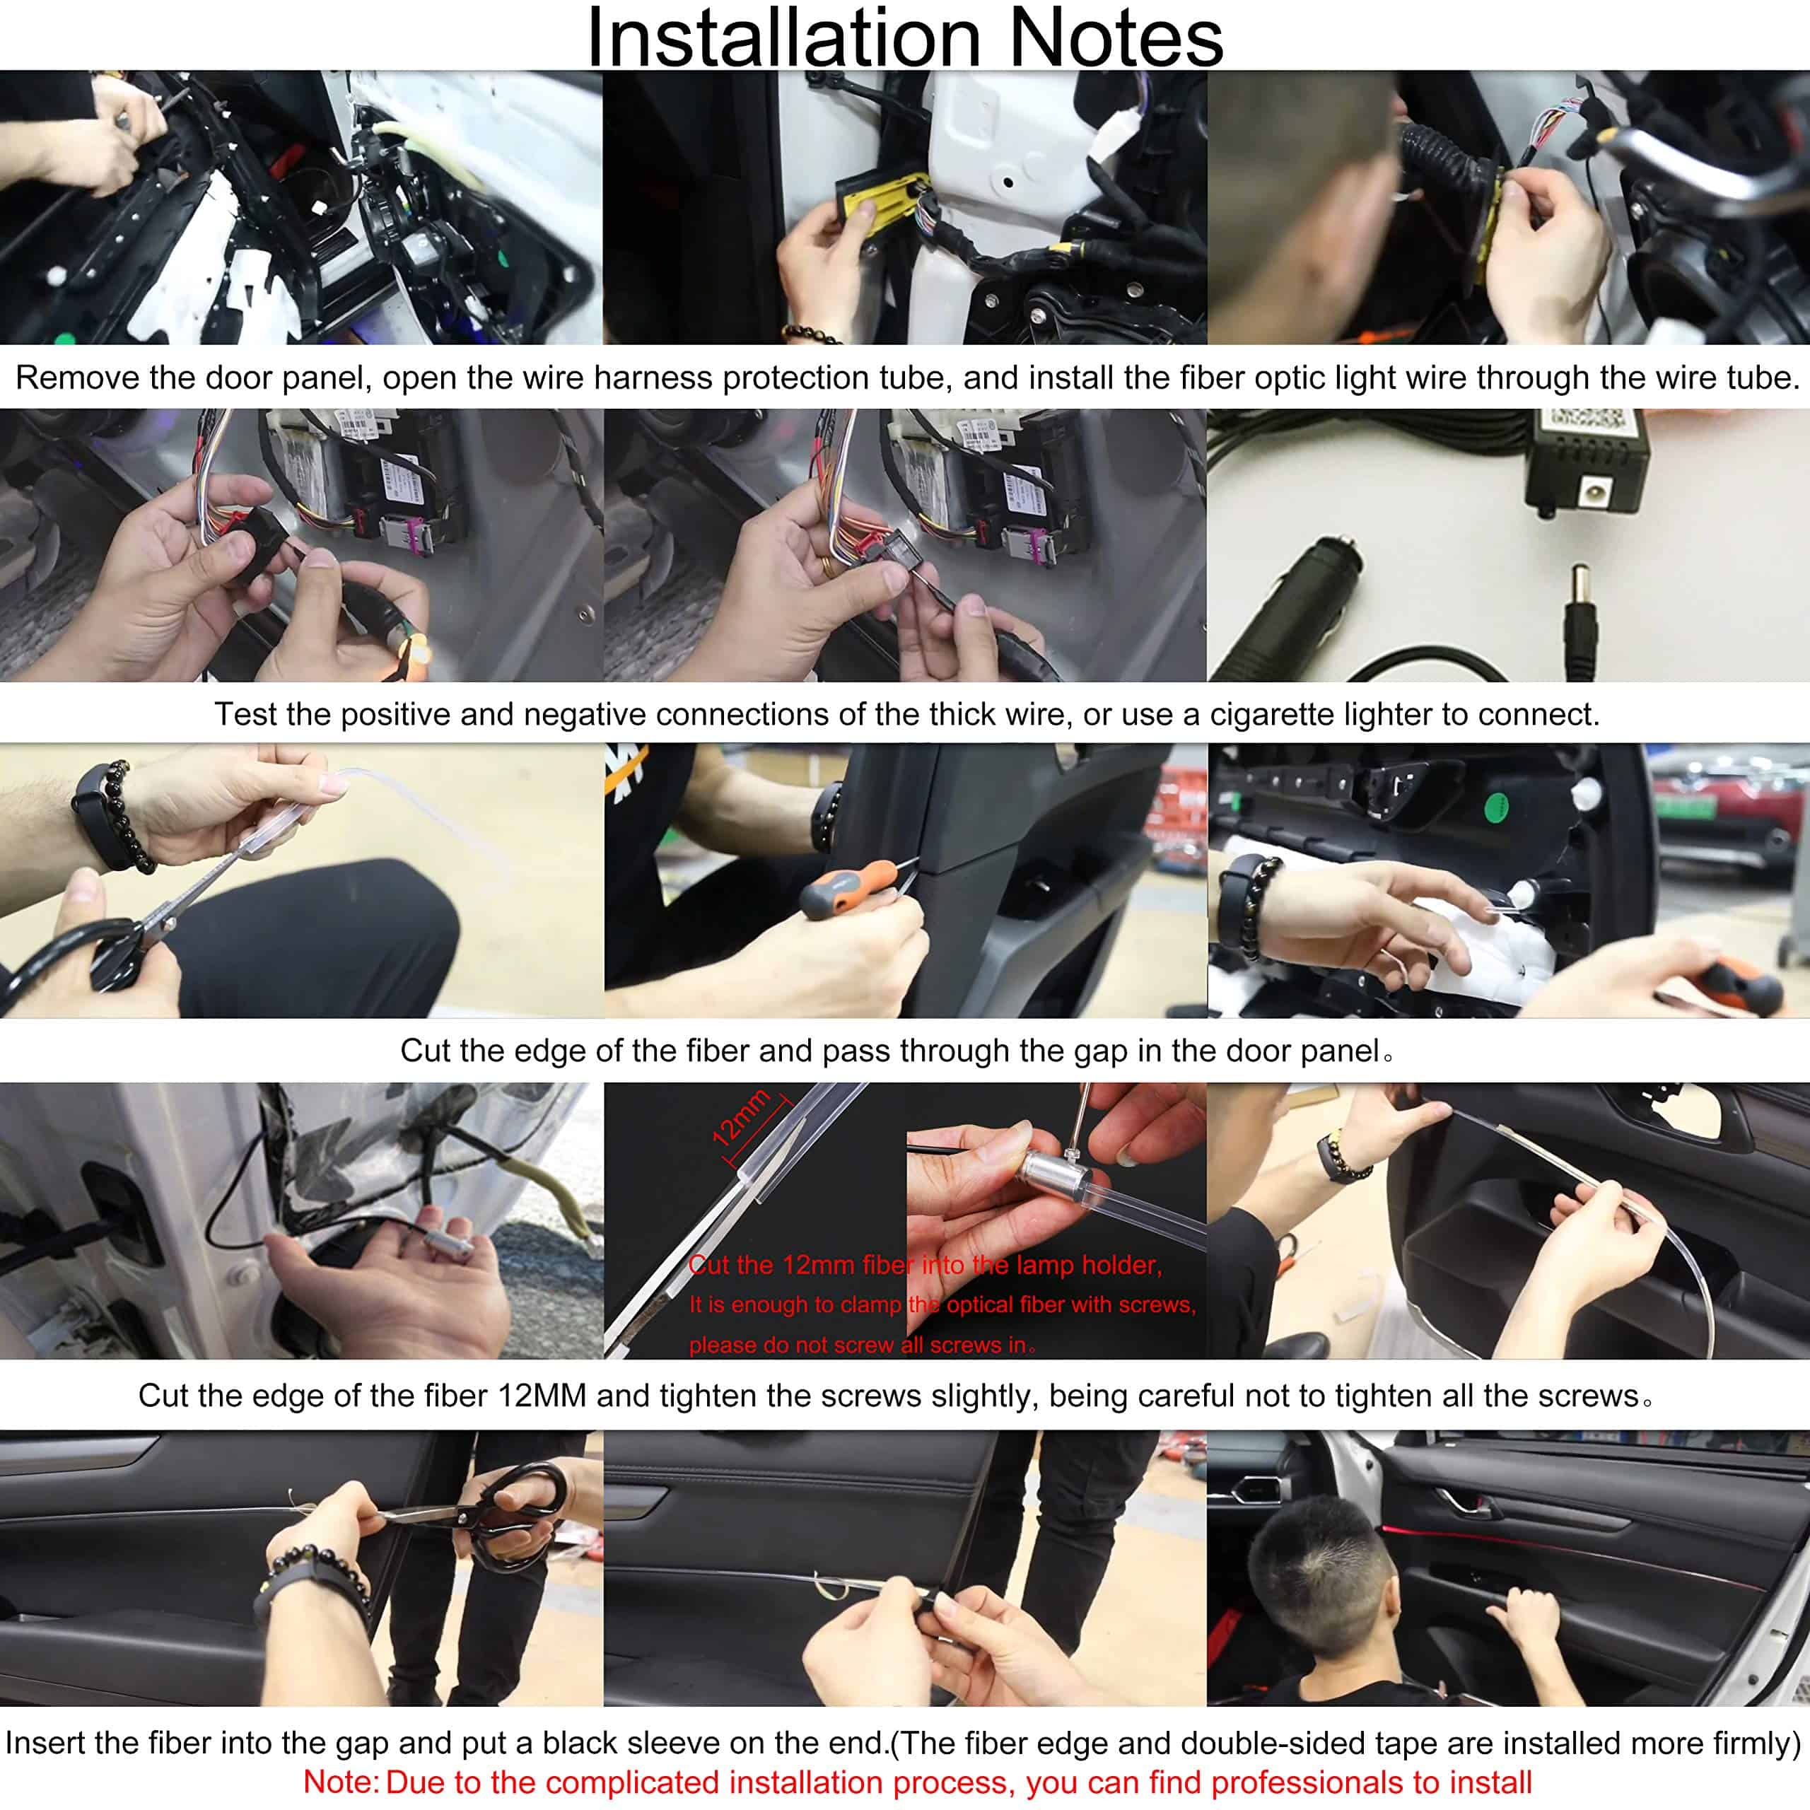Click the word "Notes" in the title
coord(1116,37)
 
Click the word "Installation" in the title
coord(783,37)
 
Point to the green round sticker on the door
coord(1497,804)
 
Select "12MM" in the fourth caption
coord(542,1396)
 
